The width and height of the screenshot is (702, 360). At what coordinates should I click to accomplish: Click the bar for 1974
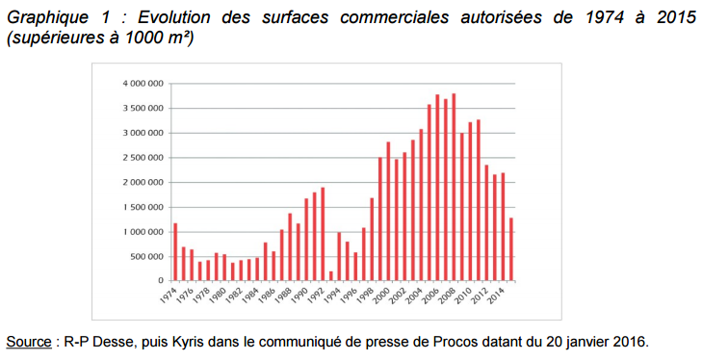175,252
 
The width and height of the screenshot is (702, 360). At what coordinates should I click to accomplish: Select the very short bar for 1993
330,276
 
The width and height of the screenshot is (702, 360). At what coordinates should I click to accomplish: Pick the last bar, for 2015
510,249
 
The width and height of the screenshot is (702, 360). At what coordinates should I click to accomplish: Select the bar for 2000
388,212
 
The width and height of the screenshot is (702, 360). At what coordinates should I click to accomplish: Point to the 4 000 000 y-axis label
142,84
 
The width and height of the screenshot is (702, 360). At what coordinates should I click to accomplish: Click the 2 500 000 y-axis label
142,158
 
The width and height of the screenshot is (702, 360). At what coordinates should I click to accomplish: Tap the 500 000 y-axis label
145,256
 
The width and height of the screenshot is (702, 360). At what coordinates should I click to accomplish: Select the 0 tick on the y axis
162,281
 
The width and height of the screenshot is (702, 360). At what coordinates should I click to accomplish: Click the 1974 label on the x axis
170,294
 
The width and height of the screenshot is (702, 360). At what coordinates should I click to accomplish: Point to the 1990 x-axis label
300,294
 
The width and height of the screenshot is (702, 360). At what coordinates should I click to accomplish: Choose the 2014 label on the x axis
496,294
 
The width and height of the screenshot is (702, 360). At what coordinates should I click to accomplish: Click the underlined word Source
28,342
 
